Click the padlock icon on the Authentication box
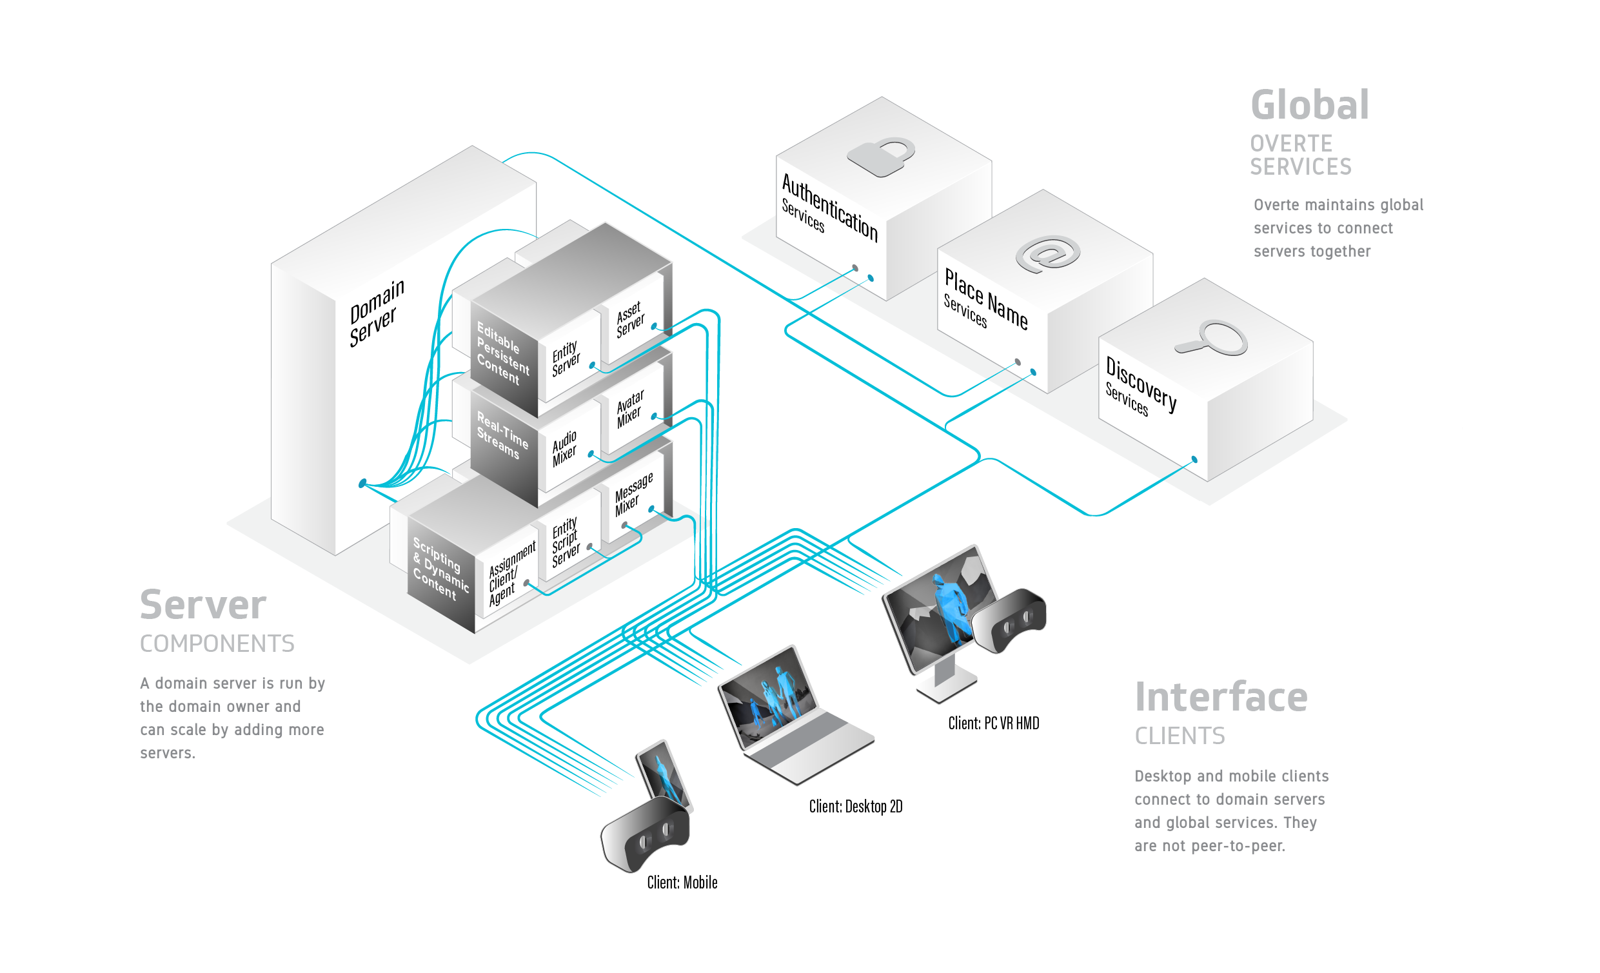[x=881, y=157]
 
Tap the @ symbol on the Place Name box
[x=1047, y=254]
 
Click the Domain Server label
[x=377, y=313]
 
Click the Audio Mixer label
[x=564, y=449]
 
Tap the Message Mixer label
[x=633, y=495]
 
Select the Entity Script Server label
[x=566, y=543]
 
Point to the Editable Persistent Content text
[x=502, y=353]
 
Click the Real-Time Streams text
[x=502, y=435]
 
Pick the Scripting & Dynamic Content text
[x=440, y=568]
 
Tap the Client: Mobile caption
[x=682, y=883]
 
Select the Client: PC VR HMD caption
[x=994, y=723]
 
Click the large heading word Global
[x=1310, y=105]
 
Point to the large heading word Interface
[x=1221, y=697]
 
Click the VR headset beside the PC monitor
[x=1009, y=620]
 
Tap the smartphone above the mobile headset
[x=664, y=775]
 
